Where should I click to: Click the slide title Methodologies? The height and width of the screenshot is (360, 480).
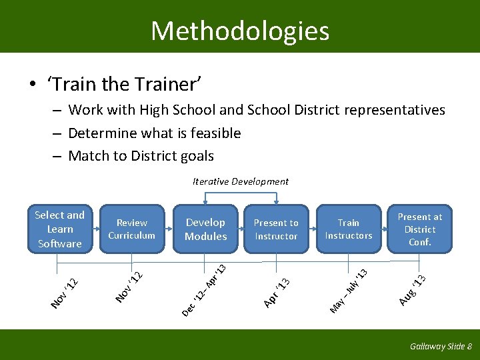pyautogui.click(x=240, y=31)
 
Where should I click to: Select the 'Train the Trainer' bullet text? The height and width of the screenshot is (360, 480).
pyautogui.click(x=124, y=84)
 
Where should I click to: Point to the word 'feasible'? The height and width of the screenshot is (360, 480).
pyautogui.click(x=215, y=133)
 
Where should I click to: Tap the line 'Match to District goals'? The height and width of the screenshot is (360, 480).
pyautogui.click(x=141, y=157)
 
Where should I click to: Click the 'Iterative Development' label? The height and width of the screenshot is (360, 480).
pyautogui.click(x=241, y=181)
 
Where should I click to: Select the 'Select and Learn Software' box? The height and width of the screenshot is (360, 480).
pyautogui.click(x=60, y=229)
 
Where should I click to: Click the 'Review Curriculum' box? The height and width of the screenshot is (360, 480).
pyautogui.click(x=131, y=229)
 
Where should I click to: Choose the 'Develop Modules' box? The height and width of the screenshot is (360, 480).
pyautogui.click(x=206, y=229)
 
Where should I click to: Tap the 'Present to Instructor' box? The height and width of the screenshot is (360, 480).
pyautogui.click(x=276, y=229)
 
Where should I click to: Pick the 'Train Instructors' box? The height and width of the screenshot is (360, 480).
pyautogui.click(x=348, y=229)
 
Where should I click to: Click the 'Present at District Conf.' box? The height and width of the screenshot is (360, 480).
pyautogui.click(x=419, y=229)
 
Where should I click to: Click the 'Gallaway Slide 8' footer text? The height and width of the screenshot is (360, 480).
pyautogui.click(x=441, y=347)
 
